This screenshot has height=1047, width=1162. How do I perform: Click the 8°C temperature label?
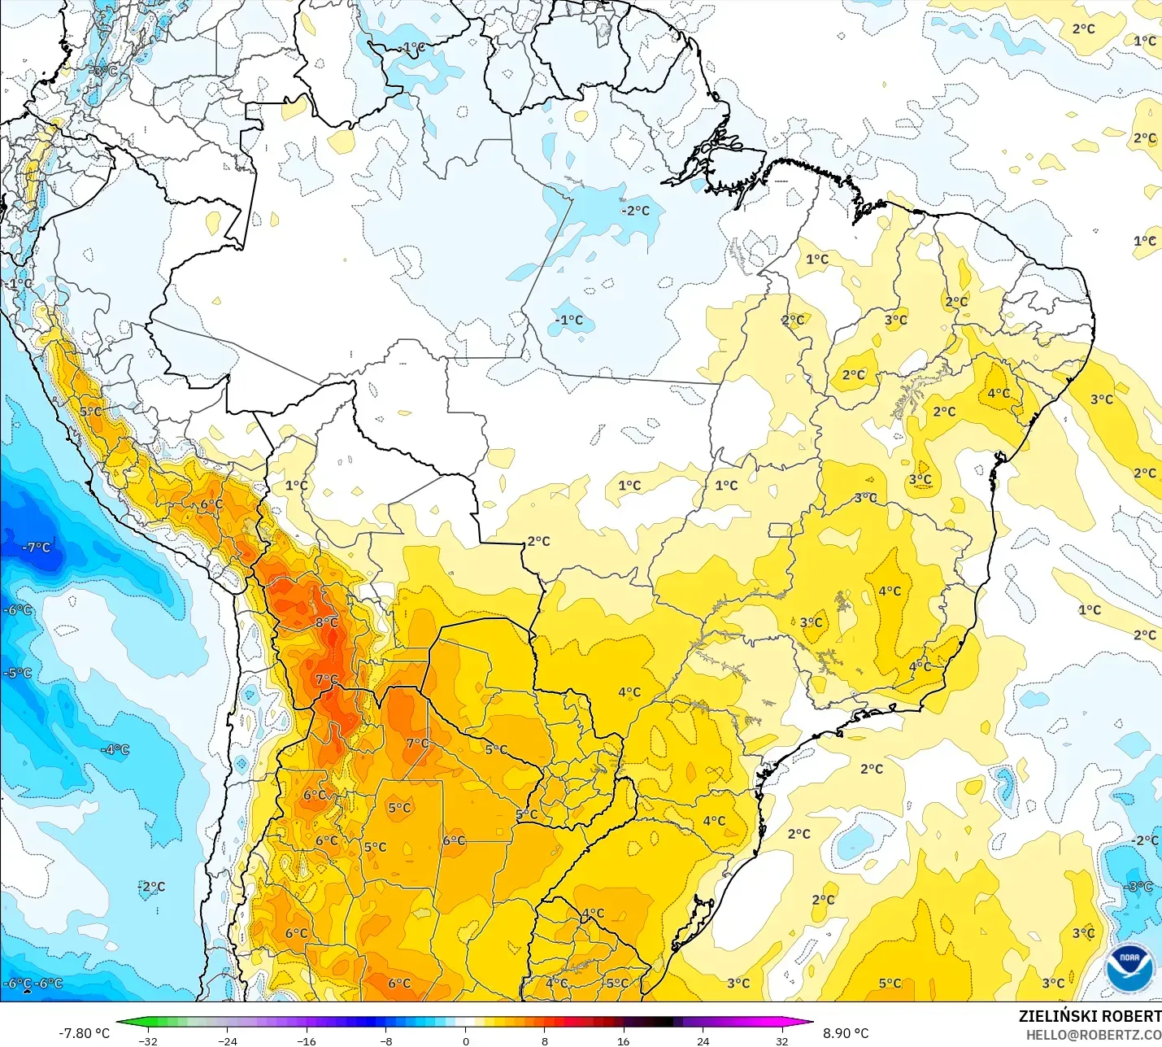pyautogui.click(x=327, y=622)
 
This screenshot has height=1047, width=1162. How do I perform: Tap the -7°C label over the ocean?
pyautogui.click(x=37, y=547)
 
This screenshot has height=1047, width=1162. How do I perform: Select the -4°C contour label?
pyautogui.click(x=115, y=749)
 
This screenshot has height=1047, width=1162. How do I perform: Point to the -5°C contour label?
pyautogui.click(x=18, y=673)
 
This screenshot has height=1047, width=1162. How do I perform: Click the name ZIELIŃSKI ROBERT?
pyautogui.click(x=1090, y=1016)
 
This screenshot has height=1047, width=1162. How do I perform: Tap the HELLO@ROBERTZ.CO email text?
pyautogui.click(x=1093, y=1035)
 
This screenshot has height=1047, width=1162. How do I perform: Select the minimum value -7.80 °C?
pyautogui.click(x=84, y=1033)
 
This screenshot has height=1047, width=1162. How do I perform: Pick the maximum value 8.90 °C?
pyautogui.click(x=846, y=1033)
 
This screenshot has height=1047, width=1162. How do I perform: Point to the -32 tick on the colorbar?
pyautogui.click(x=148, y=1040)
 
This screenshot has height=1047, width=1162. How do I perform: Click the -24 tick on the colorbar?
pyautogui.click(x=228, y=1040)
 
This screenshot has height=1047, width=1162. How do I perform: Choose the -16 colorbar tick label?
pyautogui.click(x=307, y=1040)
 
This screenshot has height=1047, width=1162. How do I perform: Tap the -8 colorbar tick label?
pyautogui.click(x=386, y=1040)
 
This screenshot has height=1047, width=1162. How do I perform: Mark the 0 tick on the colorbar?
pyautogui.click(x=465, y=1040)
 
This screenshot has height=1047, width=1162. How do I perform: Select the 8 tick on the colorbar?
pyautogui.click(x=545, y=1040)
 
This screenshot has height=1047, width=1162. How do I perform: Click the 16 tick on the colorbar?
pyautogui.click(x=624, y=1040)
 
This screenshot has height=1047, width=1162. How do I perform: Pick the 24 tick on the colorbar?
pyautogui.click(x=703, y=1040)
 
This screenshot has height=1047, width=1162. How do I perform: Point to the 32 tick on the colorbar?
pyautogui.click(x=782, y=1040)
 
